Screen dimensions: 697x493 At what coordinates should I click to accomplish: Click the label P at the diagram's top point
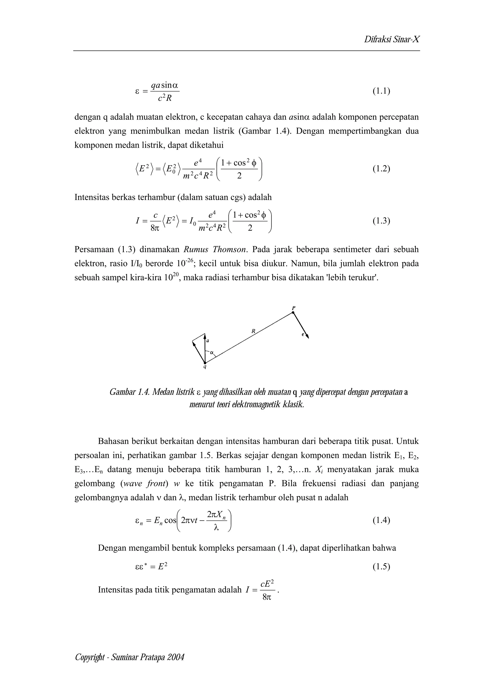point(293,308)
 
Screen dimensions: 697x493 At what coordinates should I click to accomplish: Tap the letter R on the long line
point(253,331)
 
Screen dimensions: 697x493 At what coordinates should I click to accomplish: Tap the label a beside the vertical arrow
point(208,341)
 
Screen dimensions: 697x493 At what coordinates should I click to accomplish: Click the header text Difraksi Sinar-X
point(392,39)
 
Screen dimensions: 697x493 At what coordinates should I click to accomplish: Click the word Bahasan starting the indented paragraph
point(113,441)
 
